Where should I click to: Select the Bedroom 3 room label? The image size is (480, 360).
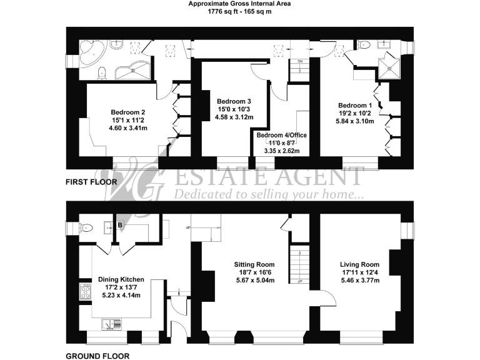[x=234, y=101]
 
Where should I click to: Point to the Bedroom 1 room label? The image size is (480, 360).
[x=355, y=105]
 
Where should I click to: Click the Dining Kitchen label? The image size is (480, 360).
[x=121, y=279]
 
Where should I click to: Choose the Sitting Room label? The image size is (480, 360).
[x=254, y=264]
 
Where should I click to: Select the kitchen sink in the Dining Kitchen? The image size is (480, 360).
[x=112, y=324]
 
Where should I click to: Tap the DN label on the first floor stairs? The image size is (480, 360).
[x=300, y=62]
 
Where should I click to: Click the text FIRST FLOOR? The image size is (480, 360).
[x=92, y=182]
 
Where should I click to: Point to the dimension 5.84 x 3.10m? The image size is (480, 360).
[x=355, y=122]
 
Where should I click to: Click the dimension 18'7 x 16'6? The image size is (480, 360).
[x=254, y=272]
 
